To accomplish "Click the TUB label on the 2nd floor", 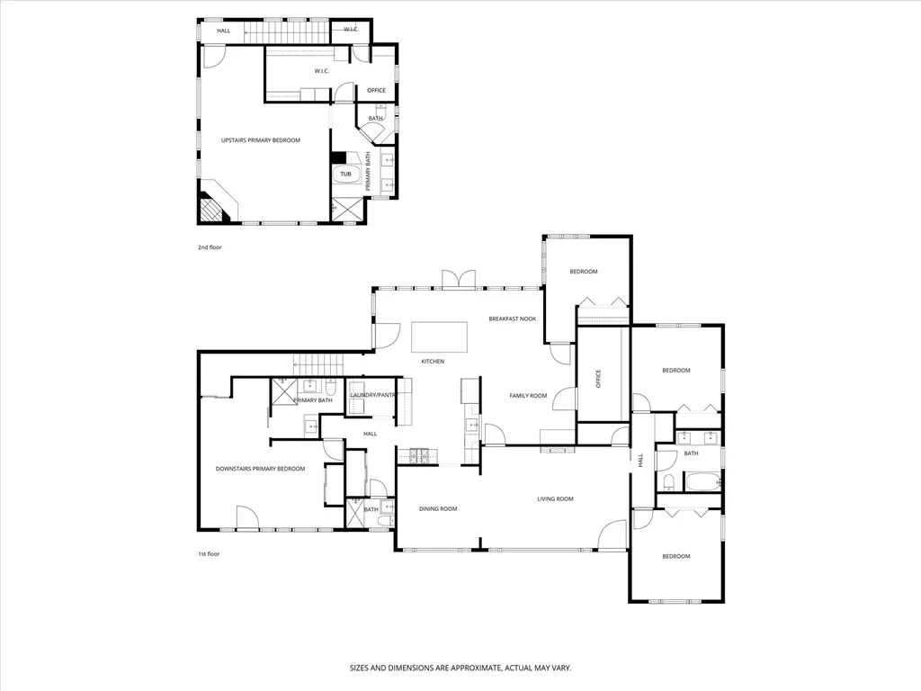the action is click(345, 174).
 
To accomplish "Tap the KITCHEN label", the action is click(433, 362).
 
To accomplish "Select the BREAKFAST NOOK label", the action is click(513, 319).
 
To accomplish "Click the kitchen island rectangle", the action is click(439, 337).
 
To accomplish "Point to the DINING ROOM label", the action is click(438, 509).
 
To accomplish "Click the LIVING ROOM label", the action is click(555, 498).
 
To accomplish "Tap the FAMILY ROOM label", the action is click(528, 396).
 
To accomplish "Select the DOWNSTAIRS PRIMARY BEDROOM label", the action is click(260, 469).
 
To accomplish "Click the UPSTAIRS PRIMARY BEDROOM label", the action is click(260, 140).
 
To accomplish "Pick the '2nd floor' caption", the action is click(210, 247).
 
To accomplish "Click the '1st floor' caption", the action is click(209, 553).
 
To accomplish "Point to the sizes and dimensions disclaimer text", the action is click(460, 669).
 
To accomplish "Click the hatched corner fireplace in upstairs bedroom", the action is click(210, 209).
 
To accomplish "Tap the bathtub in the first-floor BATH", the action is click(702, 483).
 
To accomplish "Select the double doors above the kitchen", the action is click(458, 279).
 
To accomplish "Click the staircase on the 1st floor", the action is click(317, 364).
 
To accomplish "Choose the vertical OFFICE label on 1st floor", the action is click(598, 379).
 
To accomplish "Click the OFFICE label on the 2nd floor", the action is click(377, 91).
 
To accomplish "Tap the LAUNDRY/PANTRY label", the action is click(373, 395).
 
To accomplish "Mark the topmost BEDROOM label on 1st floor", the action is click(583, 272).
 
